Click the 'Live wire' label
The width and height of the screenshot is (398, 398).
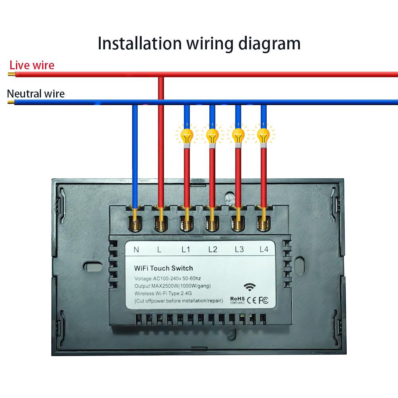[32, 65]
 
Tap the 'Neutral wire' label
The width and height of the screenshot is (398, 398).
[36, 94]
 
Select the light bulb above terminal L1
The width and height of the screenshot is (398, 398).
[186, 136]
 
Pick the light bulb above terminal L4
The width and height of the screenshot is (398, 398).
[263, 136]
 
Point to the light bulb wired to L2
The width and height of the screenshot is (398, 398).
[212, 136]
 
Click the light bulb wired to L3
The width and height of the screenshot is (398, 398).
[238, 136]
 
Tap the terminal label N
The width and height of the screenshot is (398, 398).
[136, 250]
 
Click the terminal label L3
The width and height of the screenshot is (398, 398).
[239, 250]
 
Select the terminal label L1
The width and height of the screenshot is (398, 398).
[186, 250]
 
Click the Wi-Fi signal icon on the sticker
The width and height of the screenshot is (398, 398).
[250, 287]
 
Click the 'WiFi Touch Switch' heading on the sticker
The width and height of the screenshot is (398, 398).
[164, 268]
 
